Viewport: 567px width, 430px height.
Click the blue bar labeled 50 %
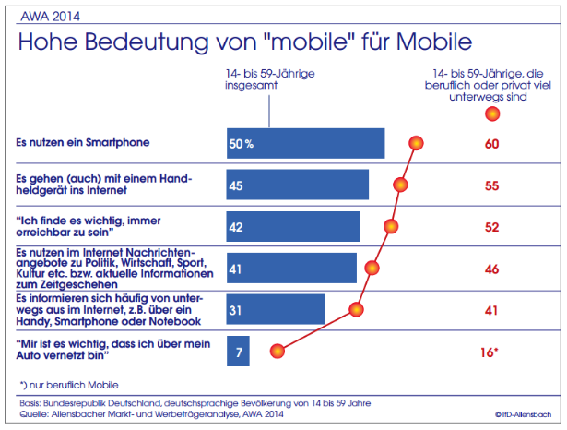click(305, 143)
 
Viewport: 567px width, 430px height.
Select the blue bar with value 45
click(298, 185)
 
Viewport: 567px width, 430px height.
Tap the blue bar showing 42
click(293, 226)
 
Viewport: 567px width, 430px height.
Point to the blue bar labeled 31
click(276, 308)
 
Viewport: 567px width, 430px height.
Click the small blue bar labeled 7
click(238, 351)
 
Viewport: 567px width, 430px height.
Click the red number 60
click(491, 144)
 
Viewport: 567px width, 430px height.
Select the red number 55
click(491, 185)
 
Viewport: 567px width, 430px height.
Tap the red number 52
click(491, 227)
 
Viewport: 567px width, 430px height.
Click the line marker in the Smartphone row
click(416, 143)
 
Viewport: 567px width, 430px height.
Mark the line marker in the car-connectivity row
click(275, 351)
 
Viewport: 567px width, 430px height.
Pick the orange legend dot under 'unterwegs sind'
click(491, 113)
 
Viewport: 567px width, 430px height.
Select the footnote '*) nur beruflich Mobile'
click(70, 383)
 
